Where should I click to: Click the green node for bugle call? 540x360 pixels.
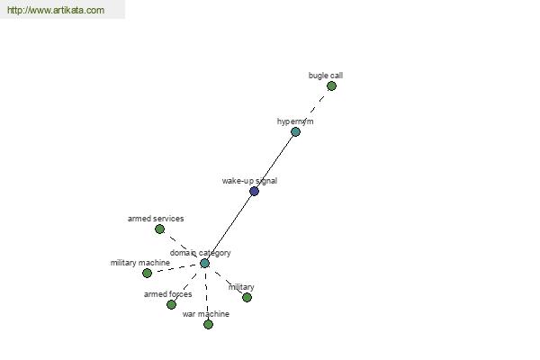pos(331,85)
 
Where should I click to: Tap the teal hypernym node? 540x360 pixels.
pos(295,131)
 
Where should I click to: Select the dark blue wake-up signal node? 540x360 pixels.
pos(254,191)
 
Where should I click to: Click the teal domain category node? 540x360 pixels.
pos(204,263)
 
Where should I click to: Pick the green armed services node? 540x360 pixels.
pos(159,229)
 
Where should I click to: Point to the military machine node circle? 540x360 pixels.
pos(147,274)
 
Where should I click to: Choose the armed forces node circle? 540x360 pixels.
pos(171,304)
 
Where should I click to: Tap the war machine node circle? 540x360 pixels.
pos(208,324)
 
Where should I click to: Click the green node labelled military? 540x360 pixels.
pos(247,297)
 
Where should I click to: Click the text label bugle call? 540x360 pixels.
pos(326,76)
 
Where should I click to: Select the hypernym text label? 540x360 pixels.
pos(295,121)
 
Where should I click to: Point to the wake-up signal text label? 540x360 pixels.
pos(249,181)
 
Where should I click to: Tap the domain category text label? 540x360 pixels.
pos(200,253)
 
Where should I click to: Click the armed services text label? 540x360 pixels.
pos(156,219)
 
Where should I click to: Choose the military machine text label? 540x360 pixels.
pos(139,263)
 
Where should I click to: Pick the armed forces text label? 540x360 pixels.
pos(167,294)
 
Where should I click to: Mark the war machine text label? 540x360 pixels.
pos(205,314)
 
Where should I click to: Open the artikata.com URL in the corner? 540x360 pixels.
pos(56,10)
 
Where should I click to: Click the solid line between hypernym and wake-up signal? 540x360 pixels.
pos(274,161)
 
